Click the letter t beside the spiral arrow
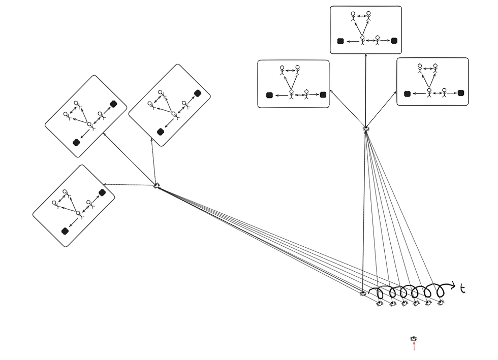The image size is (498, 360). click(x=462, y=288)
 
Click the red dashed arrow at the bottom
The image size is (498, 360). click(x=414, y=347)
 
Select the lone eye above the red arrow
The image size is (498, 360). click(x=414, y=339)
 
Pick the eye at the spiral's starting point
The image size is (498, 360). click(x=363, y=293)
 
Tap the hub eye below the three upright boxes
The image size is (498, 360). click(x=365, y=129)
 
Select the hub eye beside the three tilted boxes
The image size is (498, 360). click(x=157, y=186)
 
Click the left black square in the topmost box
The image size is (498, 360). click(x=340, y=41)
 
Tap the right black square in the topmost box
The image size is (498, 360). click(x=394, y=41)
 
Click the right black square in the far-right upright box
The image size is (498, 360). click(x=461, y=93)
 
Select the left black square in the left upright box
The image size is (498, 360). click(x=269, y=94)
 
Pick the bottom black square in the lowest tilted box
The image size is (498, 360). click(x=65, y=232)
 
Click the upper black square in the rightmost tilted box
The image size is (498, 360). click(x=198, y=93)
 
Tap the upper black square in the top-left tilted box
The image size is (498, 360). click(x=113, y=104)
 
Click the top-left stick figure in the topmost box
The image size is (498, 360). click(x=353, y=16)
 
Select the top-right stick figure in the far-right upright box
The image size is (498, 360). click(x=435, y=68)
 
